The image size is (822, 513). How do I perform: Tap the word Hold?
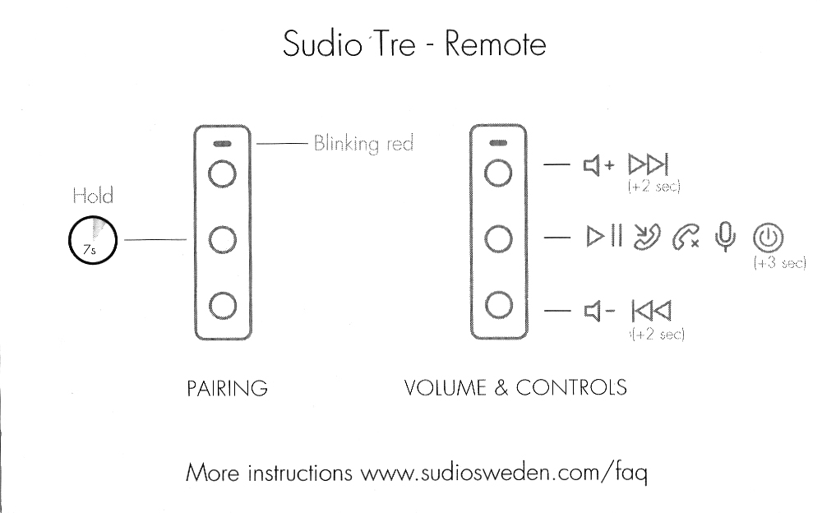(x=92, y=196)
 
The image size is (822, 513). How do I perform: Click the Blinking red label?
(x=363, y=143)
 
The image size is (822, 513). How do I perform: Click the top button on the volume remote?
(x=499, y=174)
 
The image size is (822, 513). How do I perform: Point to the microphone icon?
(x=723, y=237)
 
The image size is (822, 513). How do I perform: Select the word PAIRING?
(x=227, y=387)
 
